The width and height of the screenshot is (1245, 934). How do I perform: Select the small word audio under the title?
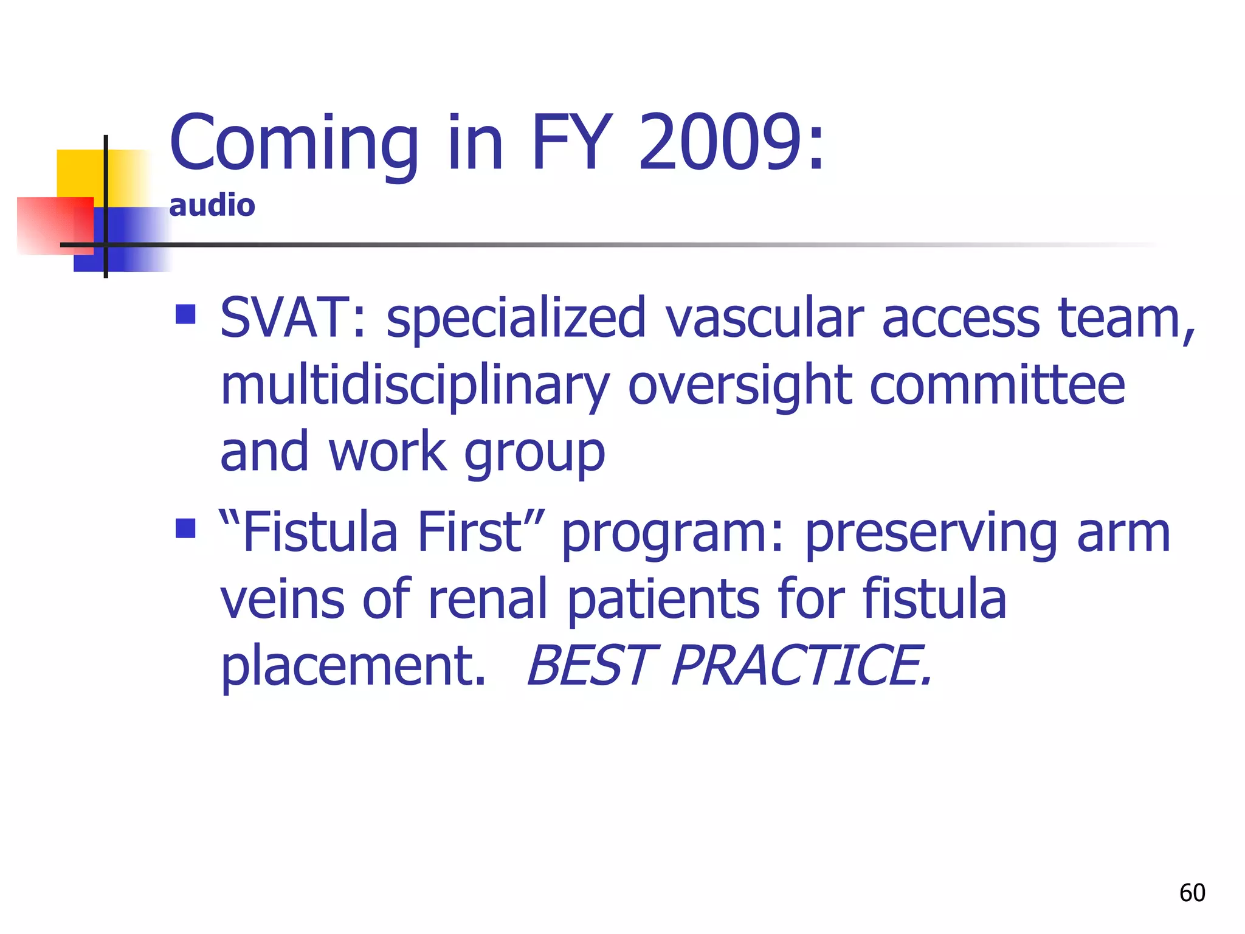click(x=212, y=206)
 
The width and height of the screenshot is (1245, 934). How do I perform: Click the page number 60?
click(x=1192, y=893)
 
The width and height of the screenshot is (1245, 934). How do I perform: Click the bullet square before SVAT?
click(x=185, y=314)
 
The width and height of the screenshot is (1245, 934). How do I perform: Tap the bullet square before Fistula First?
click(x=185, y=528)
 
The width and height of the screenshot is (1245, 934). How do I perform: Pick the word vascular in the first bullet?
click(x=764, y=318)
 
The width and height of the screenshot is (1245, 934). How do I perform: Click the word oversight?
click(x=739, y=386)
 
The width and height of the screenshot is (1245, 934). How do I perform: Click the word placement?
click(x=353, y=666)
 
